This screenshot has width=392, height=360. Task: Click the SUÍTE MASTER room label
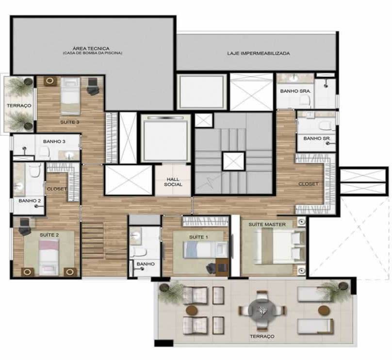tap(267, 225)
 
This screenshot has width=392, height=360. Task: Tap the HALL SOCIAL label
tap(173, 182)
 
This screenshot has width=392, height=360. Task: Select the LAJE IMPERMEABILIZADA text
tap(259, 53)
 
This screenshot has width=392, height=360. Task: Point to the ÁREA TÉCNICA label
tap(91, 49)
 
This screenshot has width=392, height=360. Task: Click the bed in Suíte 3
tap(71, 96)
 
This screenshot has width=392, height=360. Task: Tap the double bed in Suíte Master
tap(279, 247)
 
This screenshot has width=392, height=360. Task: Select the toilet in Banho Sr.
tap(325, 126)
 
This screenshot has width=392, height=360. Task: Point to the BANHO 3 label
tap(54, 142)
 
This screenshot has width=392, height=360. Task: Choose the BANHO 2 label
tap(30, 201)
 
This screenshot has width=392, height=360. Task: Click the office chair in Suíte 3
tap(93, 86)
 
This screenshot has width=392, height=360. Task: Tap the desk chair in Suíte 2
tap(24, 227)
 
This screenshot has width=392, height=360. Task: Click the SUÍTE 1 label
tap(198, 237)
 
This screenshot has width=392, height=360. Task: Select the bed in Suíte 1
tap(206, 250)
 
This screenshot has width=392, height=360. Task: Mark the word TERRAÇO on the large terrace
tap(262, 337)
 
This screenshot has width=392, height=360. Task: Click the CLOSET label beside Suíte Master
tap(308, 184)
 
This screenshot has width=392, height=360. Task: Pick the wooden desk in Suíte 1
tap(222, 267)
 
